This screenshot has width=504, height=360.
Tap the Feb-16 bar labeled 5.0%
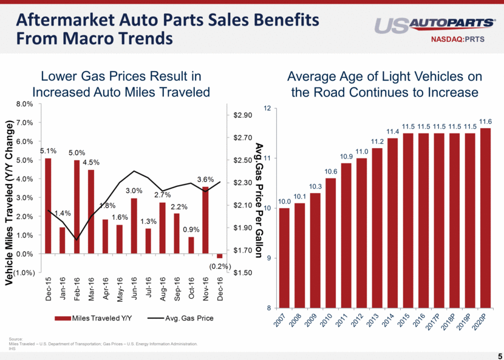(x=77, y=206)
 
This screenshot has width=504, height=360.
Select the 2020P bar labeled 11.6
(x=486, y=218)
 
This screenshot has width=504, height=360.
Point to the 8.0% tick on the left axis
(x=24, y=104)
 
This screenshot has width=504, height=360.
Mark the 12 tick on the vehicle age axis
(x=268, y=109)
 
